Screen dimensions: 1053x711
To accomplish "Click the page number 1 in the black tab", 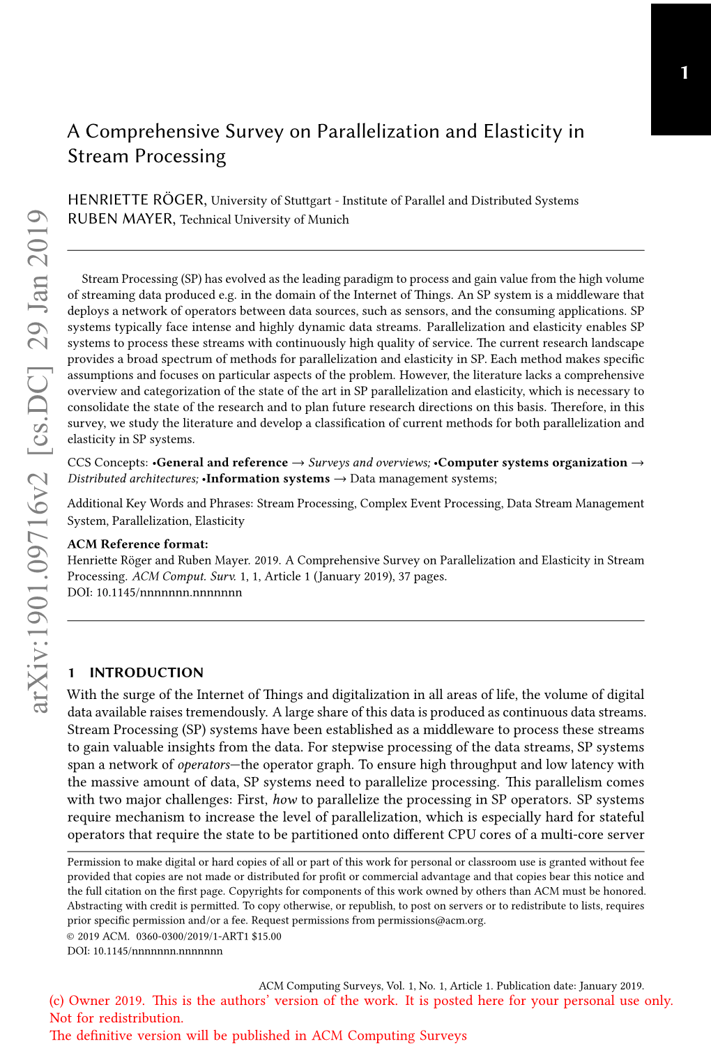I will point(685,73).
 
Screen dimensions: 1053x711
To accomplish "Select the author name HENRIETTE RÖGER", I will point(136,200).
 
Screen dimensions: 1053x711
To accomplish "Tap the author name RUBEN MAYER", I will point(121,219).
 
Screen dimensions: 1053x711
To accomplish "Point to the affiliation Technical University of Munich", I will point(264,220).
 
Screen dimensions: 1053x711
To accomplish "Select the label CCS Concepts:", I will point(107,463).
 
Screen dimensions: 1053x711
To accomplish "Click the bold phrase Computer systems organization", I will point(533,463).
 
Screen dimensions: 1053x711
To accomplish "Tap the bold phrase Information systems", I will point(268,479).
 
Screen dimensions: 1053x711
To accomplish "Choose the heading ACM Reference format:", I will point(137,544).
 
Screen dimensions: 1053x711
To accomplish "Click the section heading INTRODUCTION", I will point(146,672).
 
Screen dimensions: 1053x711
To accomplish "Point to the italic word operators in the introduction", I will point(204,764).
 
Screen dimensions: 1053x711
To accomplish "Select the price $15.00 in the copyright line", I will point(266,936).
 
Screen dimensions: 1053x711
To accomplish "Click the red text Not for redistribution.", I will point(116,1017).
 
